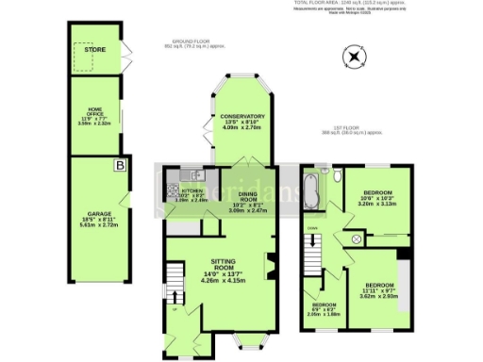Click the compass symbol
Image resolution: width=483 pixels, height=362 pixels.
tap(353, 59)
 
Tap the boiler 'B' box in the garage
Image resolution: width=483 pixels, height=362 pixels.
tap(119, 167)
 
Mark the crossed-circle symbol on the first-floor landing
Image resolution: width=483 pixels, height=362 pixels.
tap(357, 240)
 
